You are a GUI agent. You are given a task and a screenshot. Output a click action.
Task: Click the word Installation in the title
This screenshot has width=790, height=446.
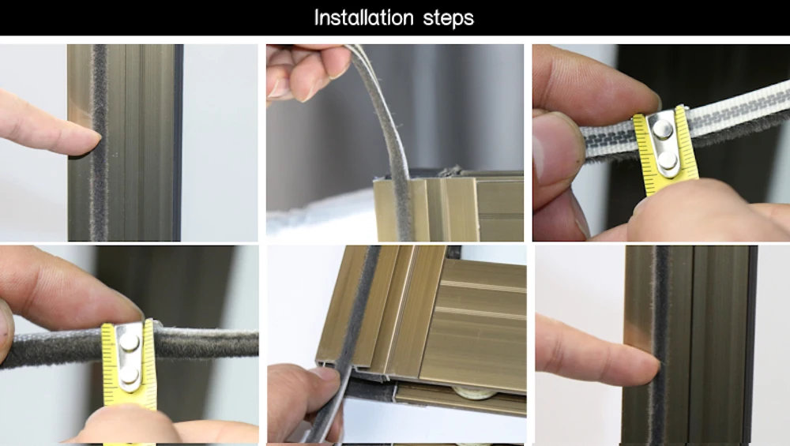point(363,17)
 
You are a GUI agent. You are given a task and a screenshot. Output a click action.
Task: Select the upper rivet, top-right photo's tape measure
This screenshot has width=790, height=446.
point(663,131)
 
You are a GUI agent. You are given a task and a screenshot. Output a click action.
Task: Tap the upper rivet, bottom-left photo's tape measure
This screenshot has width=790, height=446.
point(129,343)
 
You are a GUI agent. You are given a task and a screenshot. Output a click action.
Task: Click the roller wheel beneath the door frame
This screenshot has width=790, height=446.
point(473,392)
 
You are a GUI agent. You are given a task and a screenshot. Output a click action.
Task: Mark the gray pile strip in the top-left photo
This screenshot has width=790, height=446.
point(100,142)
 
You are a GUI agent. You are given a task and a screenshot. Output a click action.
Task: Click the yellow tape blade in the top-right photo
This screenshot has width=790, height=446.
point(666,151)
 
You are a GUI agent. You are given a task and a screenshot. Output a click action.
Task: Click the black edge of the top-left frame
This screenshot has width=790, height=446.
point(178,142)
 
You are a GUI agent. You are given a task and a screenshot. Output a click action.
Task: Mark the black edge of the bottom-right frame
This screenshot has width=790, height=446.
point(752,345)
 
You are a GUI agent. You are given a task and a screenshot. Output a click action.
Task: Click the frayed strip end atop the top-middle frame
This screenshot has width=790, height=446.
point(450,171)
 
